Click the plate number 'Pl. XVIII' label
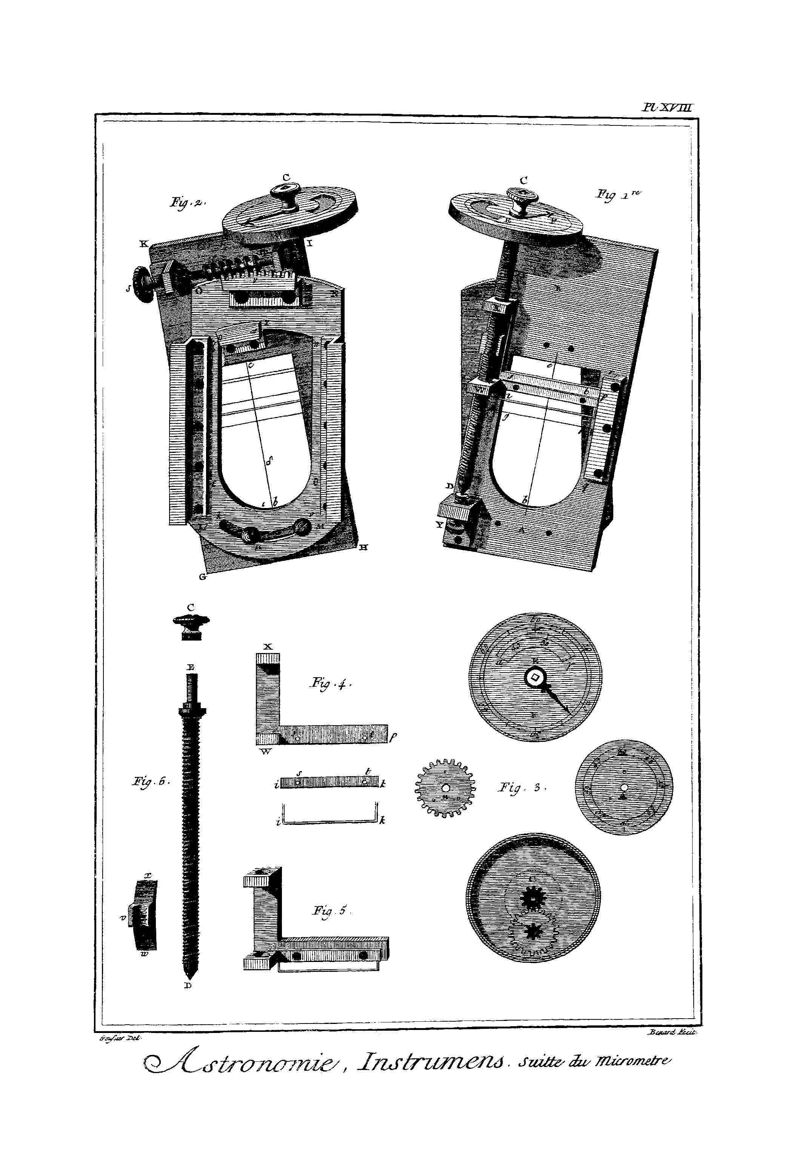click(668, 108)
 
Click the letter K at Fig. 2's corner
click(143, 244)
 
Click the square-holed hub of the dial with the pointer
click(535, 678)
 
